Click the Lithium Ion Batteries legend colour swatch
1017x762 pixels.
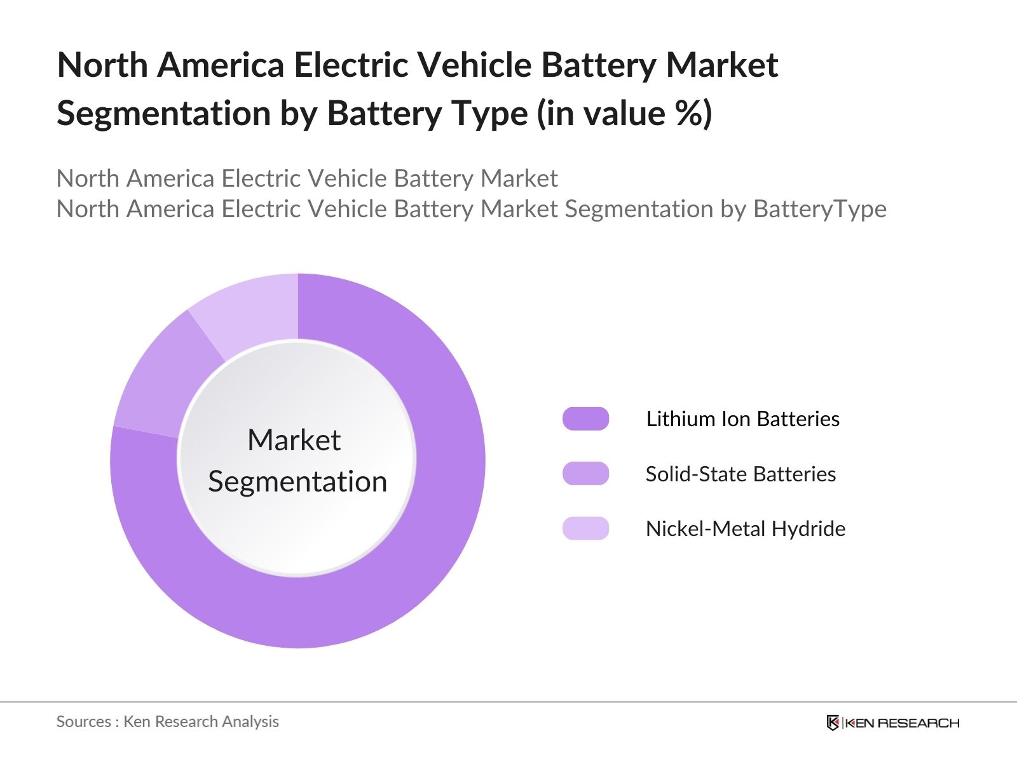tap(585, 419)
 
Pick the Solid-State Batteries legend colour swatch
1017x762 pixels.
tap(585, 474)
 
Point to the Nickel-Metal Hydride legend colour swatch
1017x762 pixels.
tap(585, 528)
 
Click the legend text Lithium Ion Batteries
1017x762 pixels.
tap(742, 419)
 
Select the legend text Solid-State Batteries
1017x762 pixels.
tap(741, 474)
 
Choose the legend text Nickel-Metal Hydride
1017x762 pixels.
tap(745, 529)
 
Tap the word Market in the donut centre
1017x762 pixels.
tap(294, 440)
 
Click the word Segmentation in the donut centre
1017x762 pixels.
tap(297, 481)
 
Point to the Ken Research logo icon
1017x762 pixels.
tap(833, 723)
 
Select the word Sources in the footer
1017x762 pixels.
tap(83, 721)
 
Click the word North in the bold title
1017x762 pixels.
tap(102, 65)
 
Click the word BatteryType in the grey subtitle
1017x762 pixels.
tap(820, 209)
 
